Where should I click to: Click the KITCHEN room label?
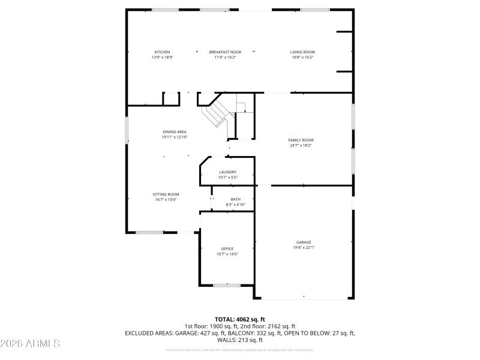click(162, 52)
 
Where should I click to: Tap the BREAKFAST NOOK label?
click(225, 52)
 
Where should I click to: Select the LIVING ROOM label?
click(302, 52)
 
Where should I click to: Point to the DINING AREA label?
click(175, 132)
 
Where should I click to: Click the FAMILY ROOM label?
click(301, 140)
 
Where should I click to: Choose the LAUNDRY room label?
click(227, 172)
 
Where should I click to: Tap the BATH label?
click(235, 199)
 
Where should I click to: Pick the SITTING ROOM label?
click(166, 194)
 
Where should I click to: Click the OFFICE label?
click(227, 248)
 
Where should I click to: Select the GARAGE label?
click(304, 242)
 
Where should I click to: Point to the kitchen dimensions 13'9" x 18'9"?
click(162, 58)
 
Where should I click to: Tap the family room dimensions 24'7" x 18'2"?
click(301, 145)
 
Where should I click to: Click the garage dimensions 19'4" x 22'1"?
click(304, 247)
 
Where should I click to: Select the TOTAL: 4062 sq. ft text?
click(239, 319)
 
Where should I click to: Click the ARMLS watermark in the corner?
click(30, 344)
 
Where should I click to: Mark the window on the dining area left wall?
click(126, 130)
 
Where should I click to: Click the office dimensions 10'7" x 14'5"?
click(227, 254)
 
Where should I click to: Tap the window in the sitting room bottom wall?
click(149, 232)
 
